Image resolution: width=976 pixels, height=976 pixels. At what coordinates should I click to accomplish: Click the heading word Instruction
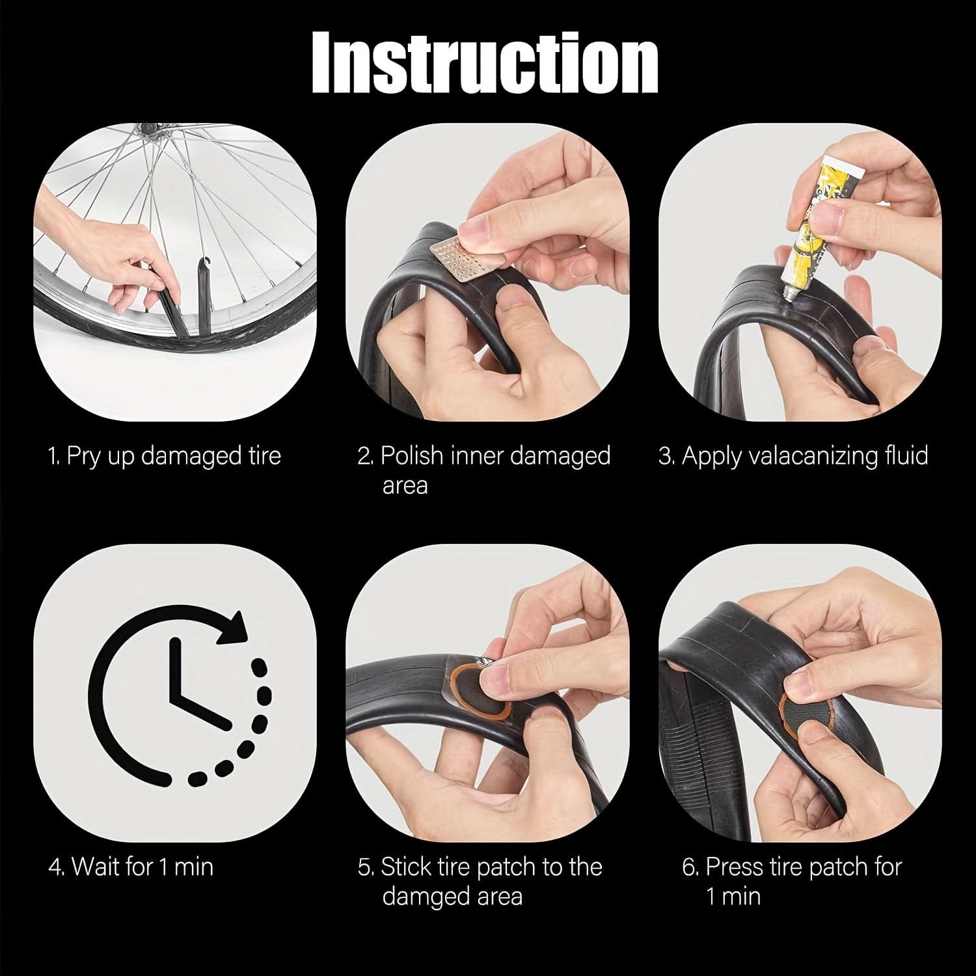pyautogui.click(x=485, y=62)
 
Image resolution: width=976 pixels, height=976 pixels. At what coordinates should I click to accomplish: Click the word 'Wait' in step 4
pyautogui.click(x=96, y=867)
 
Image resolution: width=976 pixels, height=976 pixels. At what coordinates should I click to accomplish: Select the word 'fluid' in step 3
pyautogui.click(x=906, y=455)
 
